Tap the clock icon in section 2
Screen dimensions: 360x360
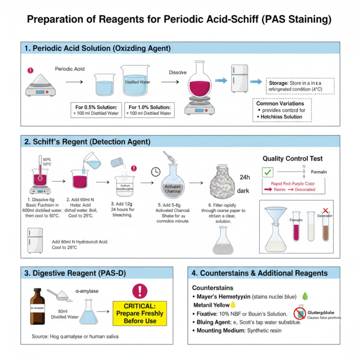(156, 172)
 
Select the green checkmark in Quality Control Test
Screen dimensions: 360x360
(268, 172)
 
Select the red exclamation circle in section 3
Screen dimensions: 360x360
(140, 291)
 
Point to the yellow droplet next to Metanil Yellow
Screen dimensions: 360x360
(233, 305)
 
